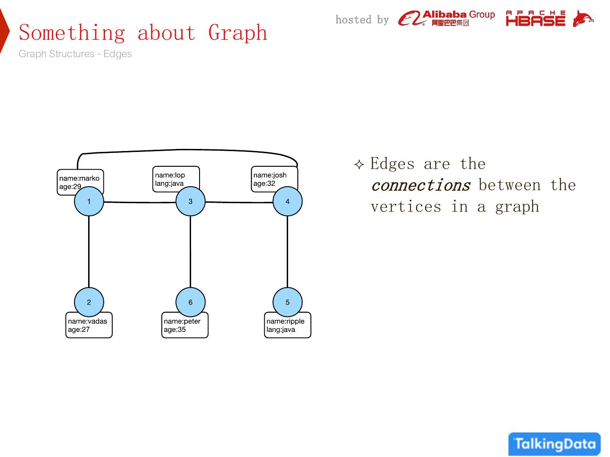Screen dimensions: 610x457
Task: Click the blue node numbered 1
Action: [89, 201]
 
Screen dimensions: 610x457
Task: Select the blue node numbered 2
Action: [89, 302]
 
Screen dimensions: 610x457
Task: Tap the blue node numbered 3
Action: [190, 201]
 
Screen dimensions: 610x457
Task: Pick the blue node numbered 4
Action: [287, 201]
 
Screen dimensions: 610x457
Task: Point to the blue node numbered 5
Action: [287, 302]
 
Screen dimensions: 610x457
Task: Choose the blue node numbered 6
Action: [190, 302]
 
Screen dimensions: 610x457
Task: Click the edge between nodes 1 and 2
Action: [89, 252]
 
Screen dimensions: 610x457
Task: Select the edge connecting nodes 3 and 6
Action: [190, 252]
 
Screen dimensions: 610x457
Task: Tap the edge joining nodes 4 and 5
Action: [287, 252]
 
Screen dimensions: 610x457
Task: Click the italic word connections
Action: [421, 185]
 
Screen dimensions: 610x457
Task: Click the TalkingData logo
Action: [555, 444]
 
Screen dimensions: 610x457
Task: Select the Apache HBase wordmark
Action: [535, 18]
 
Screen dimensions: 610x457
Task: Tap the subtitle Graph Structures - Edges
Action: [75, 54]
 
